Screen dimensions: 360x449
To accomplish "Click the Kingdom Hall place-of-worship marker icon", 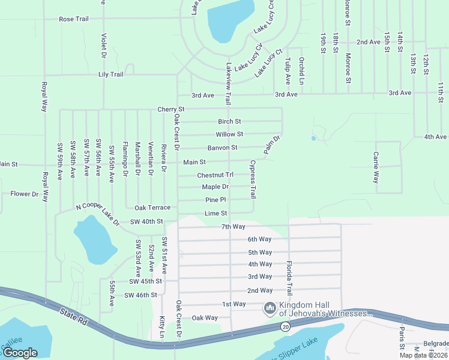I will click(270, 308).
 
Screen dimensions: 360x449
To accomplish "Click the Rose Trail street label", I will click(73, 19).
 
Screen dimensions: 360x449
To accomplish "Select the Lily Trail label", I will click(110, 74).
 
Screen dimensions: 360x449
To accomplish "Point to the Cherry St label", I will click(170, 109).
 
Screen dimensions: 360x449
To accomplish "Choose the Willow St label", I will click(229, 134).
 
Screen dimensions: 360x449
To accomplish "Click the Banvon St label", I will click(222, 148).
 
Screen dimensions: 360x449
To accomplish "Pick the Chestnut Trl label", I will click(215, 175).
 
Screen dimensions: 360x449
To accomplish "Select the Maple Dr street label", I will click(215, 187).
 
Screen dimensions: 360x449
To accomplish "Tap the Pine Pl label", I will click(215, 200).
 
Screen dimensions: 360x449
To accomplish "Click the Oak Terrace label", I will click(152, 208).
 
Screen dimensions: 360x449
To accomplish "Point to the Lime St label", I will click(215, 213).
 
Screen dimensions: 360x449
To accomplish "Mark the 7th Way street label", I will click(234, 226).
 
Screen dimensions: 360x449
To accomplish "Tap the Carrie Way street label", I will click(376, 167).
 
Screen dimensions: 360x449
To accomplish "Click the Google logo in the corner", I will click(20, 353).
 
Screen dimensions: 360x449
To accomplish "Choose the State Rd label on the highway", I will click(74, 317).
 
